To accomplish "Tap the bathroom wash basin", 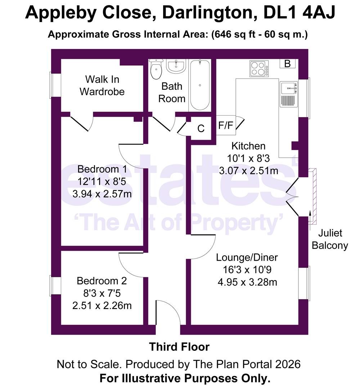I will [176, 66].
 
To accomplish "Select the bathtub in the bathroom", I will [200, 85].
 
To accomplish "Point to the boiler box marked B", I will [287, 64].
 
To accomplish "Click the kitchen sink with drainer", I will [288, 93].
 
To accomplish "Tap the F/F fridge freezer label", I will [226, 126].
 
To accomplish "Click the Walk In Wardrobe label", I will [102, 85].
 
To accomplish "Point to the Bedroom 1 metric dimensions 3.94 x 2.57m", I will [102, 194].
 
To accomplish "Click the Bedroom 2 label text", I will [102, 281].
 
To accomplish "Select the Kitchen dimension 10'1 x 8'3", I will [248, 158].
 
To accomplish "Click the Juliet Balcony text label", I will [330, 240].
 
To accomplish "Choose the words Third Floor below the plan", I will [179, 347].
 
